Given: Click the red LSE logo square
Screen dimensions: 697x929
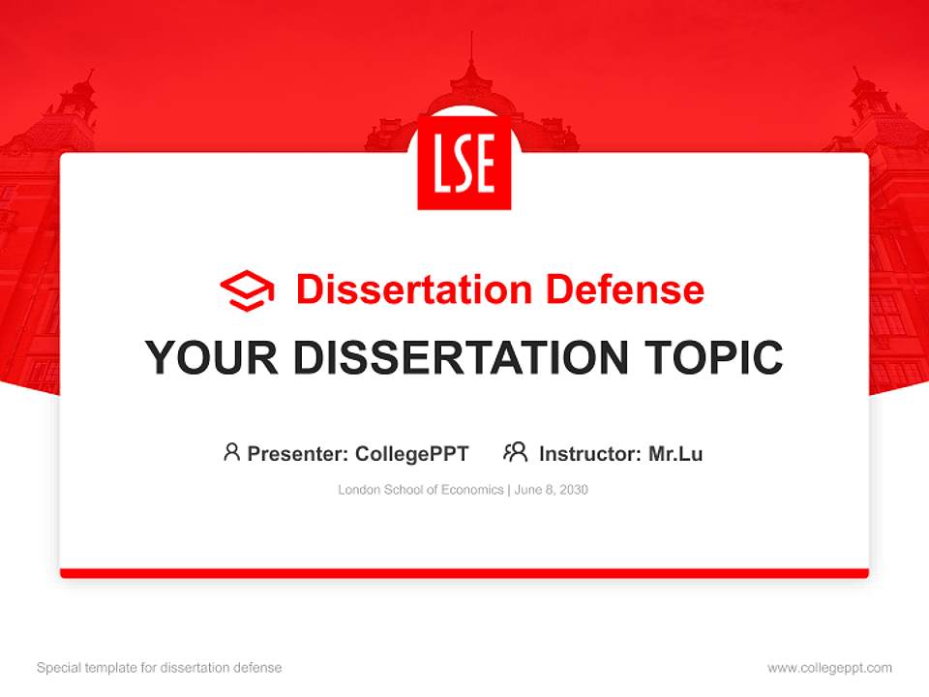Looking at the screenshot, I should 464,162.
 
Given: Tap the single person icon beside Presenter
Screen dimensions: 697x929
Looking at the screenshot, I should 231,452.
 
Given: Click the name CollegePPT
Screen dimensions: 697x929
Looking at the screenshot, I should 411,453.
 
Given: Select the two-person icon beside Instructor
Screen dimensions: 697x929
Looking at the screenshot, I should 516,452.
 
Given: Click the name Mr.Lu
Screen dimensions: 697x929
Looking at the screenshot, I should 675,453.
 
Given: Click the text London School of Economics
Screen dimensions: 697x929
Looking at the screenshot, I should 421,490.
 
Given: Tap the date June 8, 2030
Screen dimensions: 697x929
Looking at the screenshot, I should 552,490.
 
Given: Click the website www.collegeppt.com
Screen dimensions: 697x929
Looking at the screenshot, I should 829,668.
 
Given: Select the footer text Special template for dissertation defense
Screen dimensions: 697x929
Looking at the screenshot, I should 159,668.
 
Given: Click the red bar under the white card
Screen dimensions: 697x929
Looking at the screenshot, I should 464,573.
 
